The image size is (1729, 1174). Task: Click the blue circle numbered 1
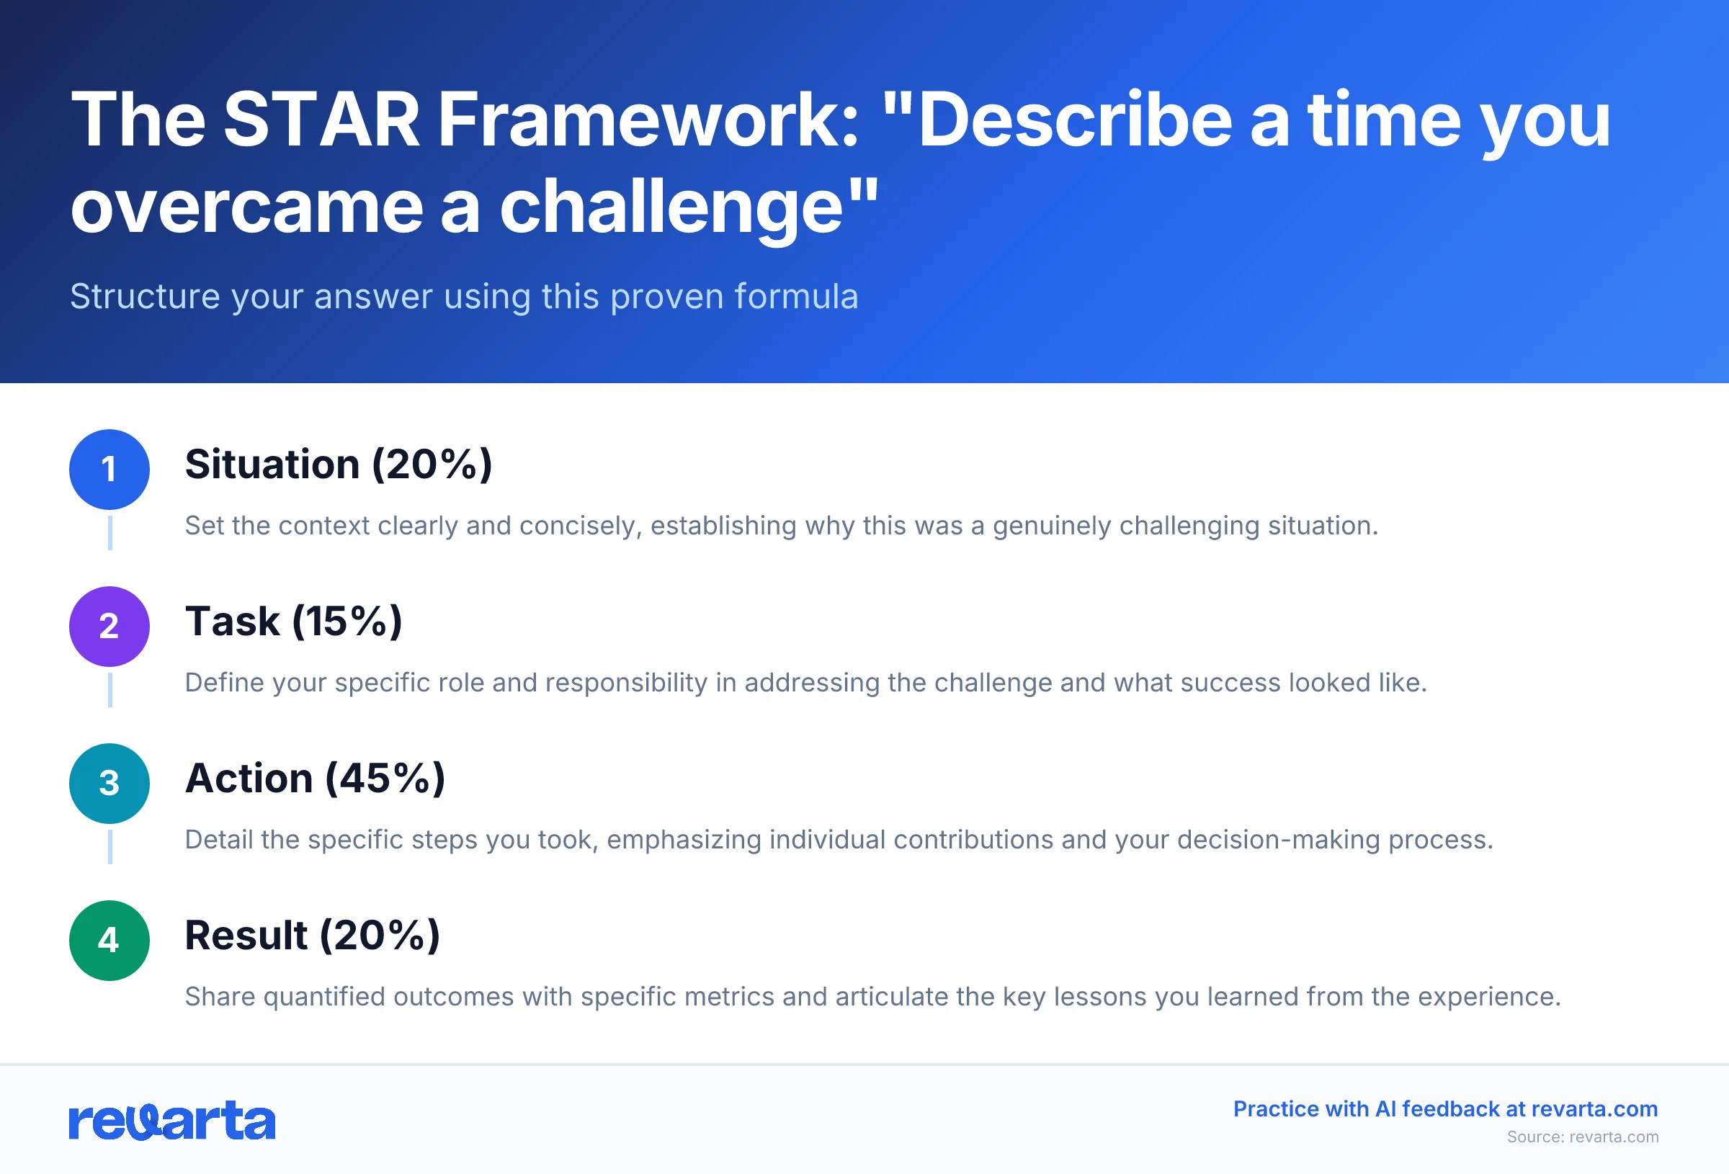pyautogui.click(x=110, y=470)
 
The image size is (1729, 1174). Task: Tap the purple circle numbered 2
pyautogui.click(x=110, y=627)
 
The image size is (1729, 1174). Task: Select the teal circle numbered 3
pyautogui.click(x=110, y=784)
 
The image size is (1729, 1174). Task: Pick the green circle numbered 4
pyautogui.click(x=110, y=941)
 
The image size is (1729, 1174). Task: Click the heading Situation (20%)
pyautogui.click(x=339, y=465)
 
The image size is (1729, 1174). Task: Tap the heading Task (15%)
pyautogui.click(x=293, y=622)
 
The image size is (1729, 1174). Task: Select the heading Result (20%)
pyautogui.click(x=312, y=935)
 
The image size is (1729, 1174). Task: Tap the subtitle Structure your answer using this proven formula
pyautogui.click(x=463, y=296)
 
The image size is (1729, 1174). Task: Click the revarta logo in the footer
pyautogui.click(x=172, y=1121)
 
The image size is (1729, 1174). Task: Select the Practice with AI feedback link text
pyautogui.click(x=1445, y=1108)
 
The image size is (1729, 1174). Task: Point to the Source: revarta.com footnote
pyautogui.click(x=1583, y=1137)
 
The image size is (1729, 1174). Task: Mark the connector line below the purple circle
pyautogui.click(x=110, y=690)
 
